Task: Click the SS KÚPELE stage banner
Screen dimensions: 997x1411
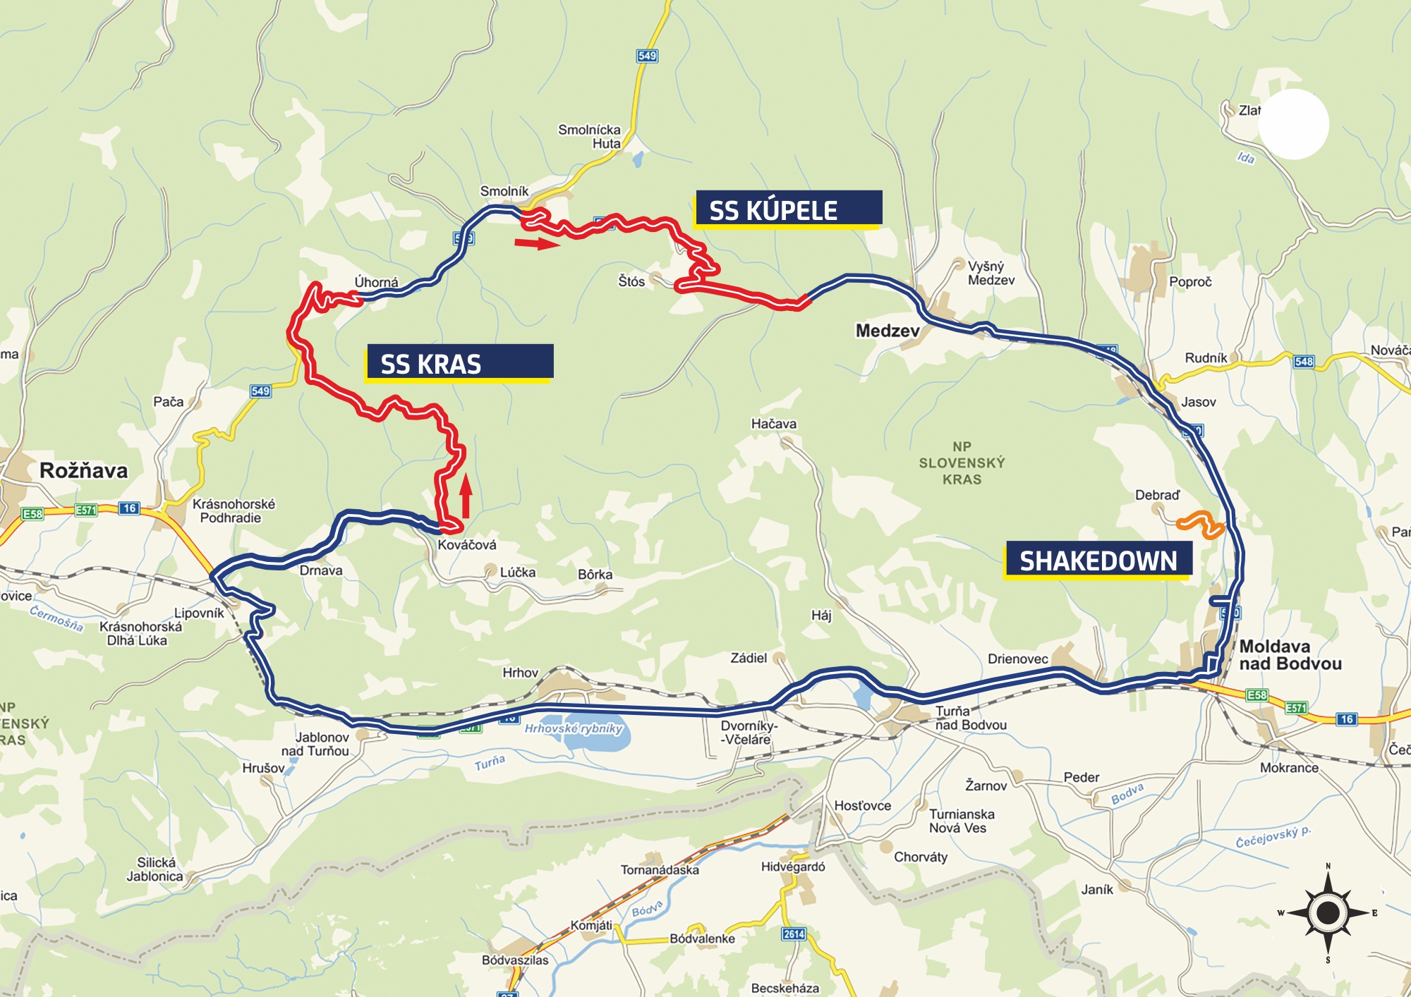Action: coord(788,209)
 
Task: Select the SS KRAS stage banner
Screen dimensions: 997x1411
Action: coord(459,362)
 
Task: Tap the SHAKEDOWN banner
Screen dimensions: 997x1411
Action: coord(1098,560)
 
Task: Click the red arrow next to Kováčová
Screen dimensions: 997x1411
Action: coord(466,496)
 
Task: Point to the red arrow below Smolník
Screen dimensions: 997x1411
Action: coord(537,243)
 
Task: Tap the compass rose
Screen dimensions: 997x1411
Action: coord(1328,912)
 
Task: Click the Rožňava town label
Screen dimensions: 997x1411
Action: coord(83,470)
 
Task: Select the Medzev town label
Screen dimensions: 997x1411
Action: coord(887,331)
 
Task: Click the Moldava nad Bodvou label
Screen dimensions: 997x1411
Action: coord(1290,654)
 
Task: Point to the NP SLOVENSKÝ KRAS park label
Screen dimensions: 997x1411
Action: coord(962,463)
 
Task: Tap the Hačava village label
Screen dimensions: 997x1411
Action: coord(773,424)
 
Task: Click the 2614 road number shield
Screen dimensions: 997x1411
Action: coord(794,934)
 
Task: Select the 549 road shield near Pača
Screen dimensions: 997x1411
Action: coord(260,391)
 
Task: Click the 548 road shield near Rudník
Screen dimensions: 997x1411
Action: coord(1304,362)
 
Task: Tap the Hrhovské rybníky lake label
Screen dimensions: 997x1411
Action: coord(573,728)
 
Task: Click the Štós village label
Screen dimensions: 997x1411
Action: coord(631,281)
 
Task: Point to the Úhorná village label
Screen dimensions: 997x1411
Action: coord(376,282)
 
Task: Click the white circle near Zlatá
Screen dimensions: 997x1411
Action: coord(1293,124)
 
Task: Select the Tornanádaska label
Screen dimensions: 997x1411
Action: coord(660,869)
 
